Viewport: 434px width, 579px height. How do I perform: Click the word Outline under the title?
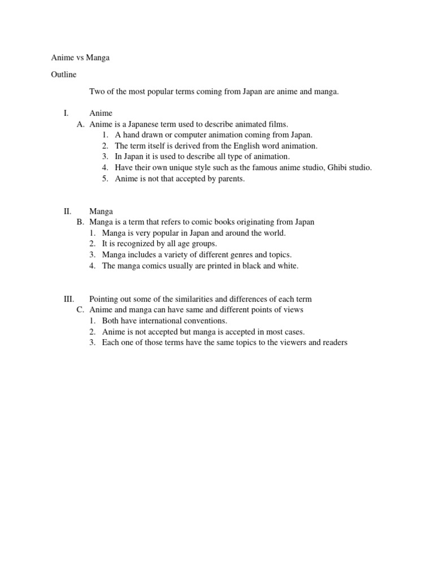point(63,74)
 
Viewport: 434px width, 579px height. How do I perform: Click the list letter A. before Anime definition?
point(81,124)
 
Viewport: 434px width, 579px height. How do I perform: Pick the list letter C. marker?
point(80,310)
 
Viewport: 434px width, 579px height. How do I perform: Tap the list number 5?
point(105,179)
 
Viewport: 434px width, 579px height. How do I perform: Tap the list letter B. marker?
point(80,222)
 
